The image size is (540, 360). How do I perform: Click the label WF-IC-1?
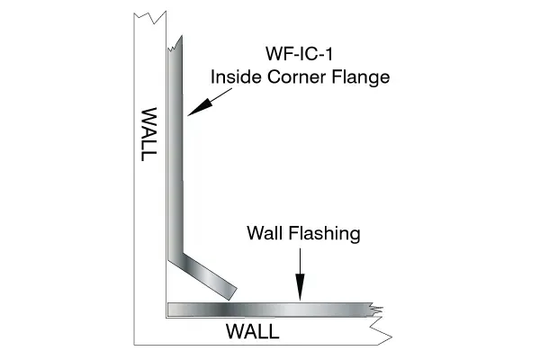299,54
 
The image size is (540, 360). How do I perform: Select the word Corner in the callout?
296,76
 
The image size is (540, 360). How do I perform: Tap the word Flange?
361,77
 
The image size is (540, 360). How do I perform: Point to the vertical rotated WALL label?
149,134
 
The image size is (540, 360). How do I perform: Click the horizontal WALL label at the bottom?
252,332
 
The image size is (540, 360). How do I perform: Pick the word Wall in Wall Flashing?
265,233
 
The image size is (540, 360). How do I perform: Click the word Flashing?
324,234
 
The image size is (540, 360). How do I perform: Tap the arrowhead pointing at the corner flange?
200,107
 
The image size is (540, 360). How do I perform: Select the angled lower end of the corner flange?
232,294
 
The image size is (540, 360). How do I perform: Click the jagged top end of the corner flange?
175,44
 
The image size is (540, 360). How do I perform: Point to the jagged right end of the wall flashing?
375,310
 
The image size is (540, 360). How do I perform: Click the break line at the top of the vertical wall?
150,17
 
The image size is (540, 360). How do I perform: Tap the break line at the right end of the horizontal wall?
381,330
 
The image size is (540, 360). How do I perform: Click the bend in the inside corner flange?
175,256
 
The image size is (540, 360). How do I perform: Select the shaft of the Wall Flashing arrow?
300,261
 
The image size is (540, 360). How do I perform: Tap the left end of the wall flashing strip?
169,310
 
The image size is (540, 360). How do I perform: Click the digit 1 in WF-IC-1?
328,54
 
